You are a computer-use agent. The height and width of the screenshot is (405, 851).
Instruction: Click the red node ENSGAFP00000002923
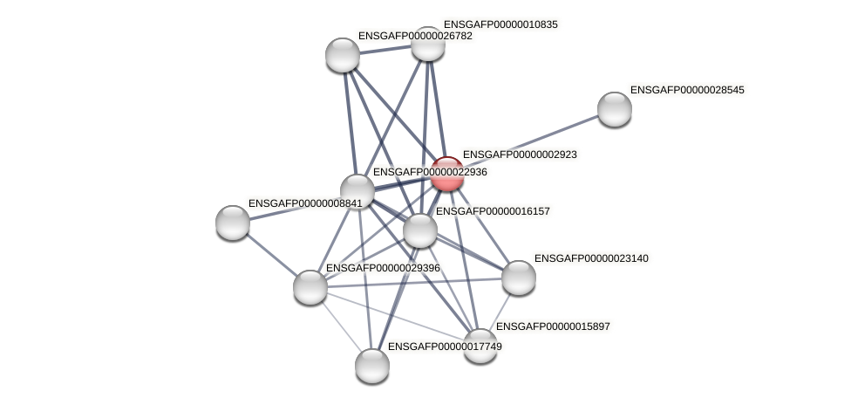pyautogui.click(x=447, y=174)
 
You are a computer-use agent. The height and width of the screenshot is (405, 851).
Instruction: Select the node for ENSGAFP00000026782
pyautogui.click(x=343, y=55)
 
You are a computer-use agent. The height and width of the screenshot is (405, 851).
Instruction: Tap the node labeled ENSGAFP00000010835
pyautogui.click(x=427, y=44)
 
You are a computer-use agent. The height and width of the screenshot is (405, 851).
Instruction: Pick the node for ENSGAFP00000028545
pyautogui.click(x=615, y=109)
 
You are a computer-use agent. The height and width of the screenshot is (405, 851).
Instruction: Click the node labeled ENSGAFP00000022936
pyautogui.click(x=357, y=191)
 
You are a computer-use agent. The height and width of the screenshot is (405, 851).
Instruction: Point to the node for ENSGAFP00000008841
pyautogui.click(x=233, y=223)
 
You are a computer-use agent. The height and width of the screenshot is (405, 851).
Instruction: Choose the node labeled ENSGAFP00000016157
pyautogui.click(x=420, y=230)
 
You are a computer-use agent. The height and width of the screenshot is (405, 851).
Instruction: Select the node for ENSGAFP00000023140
pyautogui.click(x=519, y=278)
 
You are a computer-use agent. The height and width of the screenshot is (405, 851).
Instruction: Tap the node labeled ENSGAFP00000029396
pyautogui.click(x=310, y=287)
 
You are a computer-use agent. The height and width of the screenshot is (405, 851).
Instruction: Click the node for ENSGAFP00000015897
pyautogui.click(x=480, y=345)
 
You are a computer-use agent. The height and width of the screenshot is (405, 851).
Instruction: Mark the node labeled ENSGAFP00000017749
pyautogui.click(x=372, y=366)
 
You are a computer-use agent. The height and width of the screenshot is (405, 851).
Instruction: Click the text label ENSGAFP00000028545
pyautogui.click(x=687, y=90)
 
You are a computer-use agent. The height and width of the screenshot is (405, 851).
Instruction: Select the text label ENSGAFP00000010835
pyautogui.click(x=500, y=24)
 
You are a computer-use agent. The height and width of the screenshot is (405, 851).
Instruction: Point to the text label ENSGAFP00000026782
pyautogui.click(x=415, y=36)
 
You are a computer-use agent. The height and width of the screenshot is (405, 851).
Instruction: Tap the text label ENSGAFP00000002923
pyautogui.click(x=520, y=154)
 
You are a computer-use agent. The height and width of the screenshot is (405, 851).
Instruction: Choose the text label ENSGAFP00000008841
pyautogui.click(x=304, y=203)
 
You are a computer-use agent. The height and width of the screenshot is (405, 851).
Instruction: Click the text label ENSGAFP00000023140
pyautogui.click(x=591, y=258)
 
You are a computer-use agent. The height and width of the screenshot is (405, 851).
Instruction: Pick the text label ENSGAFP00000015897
pyautogui.click(x=553, y=326)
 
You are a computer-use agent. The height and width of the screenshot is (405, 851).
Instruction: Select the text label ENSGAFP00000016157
pyautogui.click(x=493, y=211)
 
